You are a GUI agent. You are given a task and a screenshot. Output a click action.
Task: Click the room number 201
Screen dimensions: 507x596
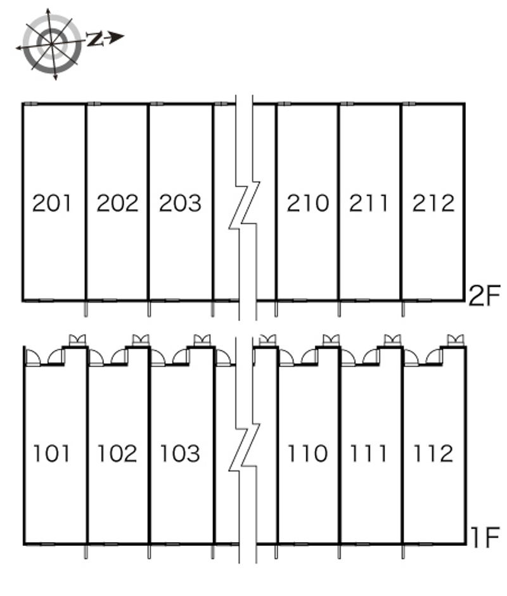click(52, 203)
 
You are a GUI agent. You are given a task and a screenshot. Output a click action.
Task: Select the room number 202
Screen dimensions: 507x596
click(117, 203)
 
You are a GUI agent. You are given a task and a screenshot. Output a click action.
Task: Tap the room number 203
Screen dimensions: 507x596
click(180, 203)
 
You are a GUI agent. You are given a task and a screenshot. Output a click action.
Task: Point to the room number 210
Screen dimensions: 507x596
click(307, 203)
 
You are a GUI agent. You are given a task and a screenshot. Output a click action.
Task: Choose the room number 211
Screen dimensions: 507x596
click(369, 203)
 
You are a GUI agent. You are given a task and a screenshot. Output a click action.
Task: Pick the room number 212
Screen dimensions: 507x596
click(433, 203)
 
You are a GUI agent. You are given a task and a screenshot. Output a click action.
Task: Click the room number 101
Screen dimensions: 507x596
click(52, 453)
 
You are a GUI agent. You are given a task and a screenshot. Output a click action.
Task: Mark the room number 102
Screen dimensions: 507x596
click(117, 453)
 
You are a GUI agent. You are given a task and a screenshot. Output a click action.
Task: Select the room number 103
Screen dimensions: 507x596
click(180, 453)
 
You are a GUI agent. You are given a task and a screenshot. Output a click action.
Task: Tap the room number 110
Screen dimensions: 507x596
click(307, 453)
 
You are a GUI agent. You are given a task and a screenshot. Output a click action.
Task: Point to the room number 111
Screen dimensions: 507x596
click(368, 453)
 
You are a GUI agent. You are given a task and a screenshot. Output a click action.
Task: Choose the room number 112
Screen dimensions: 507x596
click(433, 453)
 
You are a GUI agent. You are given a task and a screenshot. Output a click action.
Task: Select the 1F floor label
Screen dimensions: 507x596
click(485, 537)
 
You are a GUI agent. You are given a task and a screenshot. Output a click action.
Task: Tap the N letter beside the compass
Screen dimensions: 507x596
click(95, 39)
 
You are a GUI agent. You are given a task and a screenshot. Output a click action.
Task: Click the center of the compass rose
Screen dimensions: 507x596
click(52, 44)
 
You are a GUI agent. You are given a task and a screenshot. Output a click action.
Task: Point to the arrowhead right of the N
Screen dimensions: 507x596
click(117, 37)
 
